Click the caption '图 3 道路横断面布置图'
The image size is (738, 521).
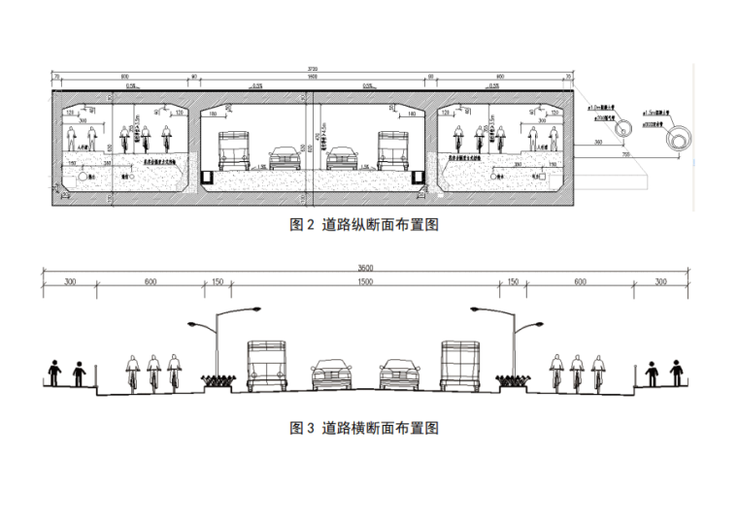point(365,428)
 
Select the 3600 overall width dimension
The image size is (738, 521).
point(365,267)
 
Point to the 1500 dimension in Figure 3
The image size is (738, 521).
point(365,282)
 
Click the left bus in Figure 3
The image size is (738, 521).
point(268,366)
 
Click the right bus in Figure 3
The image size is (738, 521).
point(462,366)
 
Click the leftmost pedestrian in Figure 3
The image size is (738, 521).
point(54,374)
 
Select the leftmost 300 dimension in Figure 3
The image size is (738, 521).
point(70,282)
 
